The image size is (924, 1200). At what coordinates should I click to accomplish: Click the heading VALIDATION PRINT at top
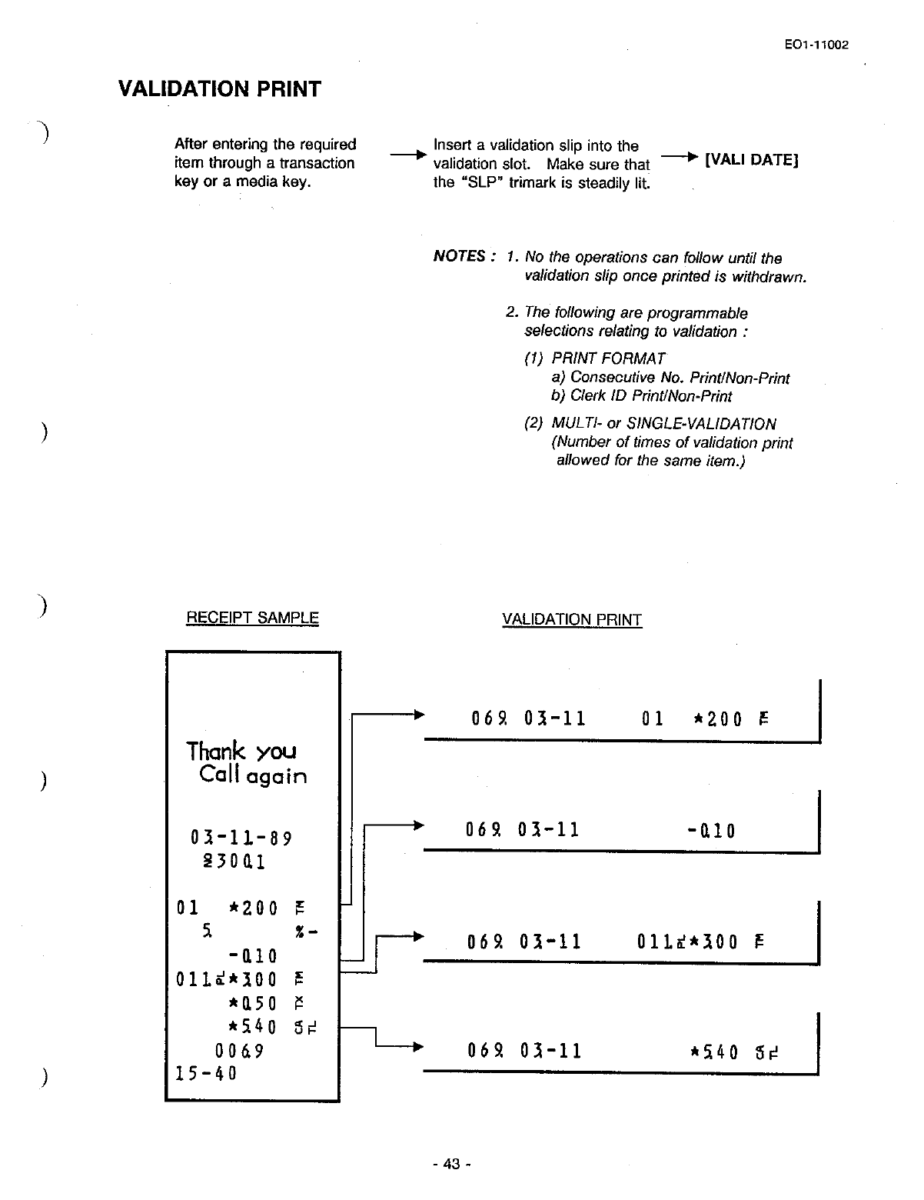click(x=220, y=89)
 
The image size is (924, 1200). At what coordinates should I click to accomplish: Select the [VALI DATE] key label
click(x=752, y=160)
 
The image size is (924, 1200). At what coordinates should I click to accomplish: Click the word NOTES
click(x=460, y=256)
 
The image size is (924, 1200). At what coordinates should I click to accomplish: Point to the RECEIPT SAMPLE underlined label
click(x=252, y=618)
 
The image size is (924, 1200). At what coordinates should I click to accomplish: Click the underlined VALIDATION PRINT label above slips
click(x=571, y=620)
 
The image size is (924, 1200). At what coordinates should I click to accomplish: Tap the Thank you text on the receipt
click(x=241, y=751)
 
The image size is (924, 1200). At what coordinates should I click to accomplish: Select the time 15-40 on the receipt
click(x=207, y=1072)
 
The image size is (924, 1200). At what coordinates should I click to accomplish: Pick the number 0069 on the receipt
click(x=240, y=1051)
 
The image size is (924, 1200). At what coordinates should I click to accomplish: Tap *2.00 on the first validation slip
click(x=718, y=720)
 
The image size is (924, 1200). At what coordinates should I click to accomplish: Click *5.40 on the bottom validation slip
click(x=717, y=1052)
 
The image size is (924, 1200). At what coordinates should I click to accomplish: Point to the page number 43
click(x=451, y=1164)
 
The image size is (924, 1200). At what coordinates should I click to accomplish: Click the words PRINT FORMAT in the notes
click(x=608, y=358)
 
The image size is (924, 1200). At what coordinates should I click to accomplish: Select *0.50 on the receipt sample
click(x=253, y=1004)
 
